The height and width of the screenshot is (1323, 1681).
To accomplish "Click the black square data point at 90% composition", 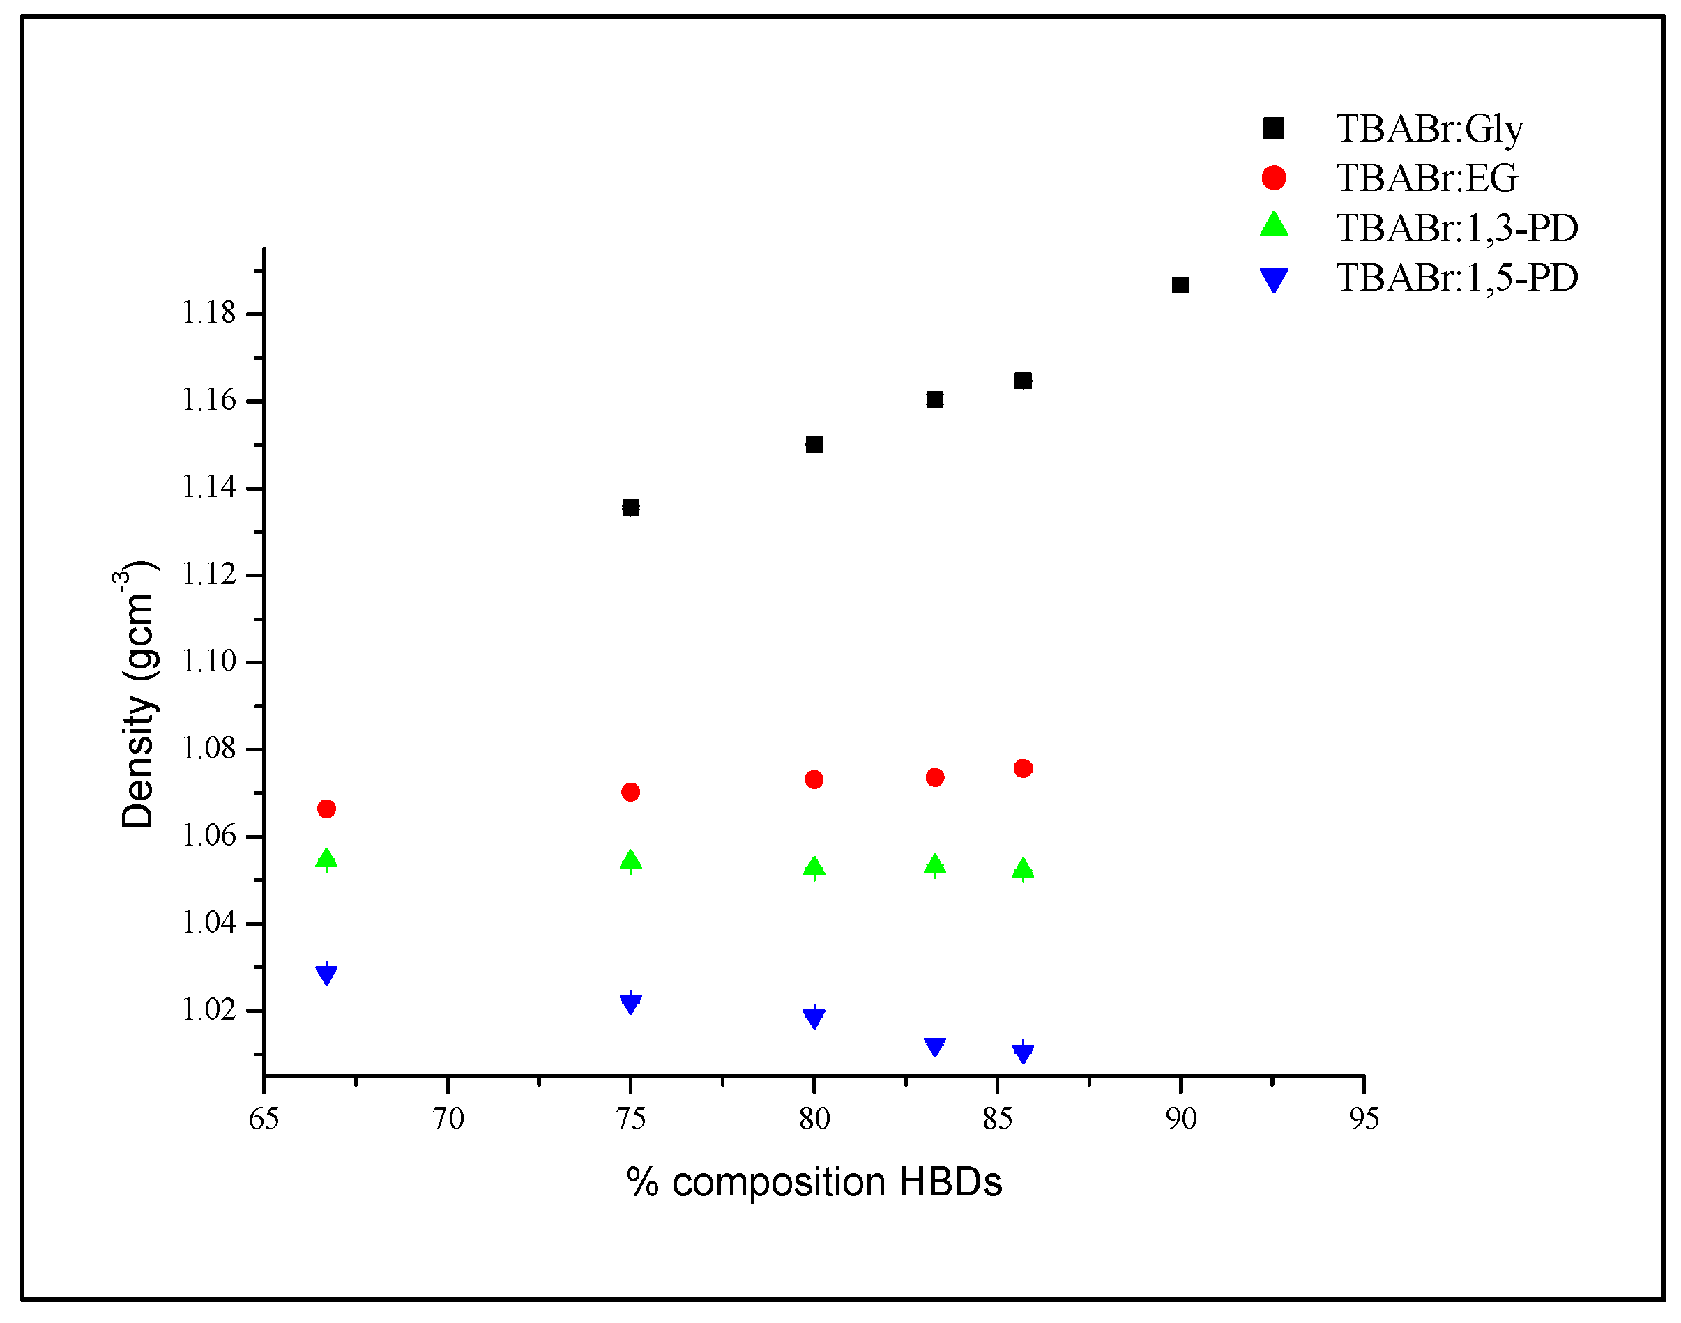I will tap(1180, 285).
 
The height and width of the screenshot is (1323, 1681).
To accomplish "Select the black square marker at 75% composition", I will tap(630, 507).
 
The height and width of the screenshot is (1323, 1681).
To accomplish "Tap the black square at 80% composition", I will tap(814, 445).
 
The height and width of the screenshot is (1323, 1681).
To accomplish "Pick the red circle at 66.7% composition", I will tap(326, 809).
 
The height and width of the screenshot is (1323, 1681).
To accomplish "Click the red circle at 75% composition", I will tap(630, 792).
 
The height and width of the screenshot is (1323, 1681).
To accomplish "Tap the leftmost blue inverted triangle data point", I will tap(326, 975).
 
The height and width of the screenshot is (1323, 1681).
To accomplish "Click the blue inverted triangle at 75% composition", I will tap(630, 1004).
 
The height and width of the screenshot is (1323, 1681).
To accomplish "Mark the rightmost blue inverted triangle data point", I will tap(1023, 1053).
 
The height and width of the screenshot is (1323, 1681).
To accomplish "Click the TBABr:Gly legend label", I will tap(1429, 128).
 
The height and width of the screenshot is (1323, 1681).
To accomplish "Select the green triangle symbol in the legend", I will tap(1274, 225).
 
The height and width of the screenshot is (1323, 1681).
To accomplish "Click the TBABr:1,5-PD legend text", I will tap(1456, 277).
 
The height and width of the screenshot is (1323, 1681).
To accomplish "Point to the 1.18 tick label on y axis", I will tap(208, 313).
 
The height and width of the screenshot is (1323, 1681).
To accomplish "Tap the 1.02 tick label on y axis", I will tap(208, 1010).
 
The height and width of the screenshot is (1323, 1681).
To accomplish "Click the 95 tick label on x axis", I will tap(1363, 1119).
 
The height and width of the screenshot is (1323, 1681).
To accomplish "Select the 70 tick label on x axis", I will tap(448, 1119).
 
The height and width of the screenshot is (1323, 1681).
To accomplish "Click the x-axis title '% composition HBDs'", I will tap(814, 1182).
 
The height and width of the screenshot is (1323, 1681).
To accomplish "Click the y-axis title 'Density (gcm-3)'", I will tap(138, 695).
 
